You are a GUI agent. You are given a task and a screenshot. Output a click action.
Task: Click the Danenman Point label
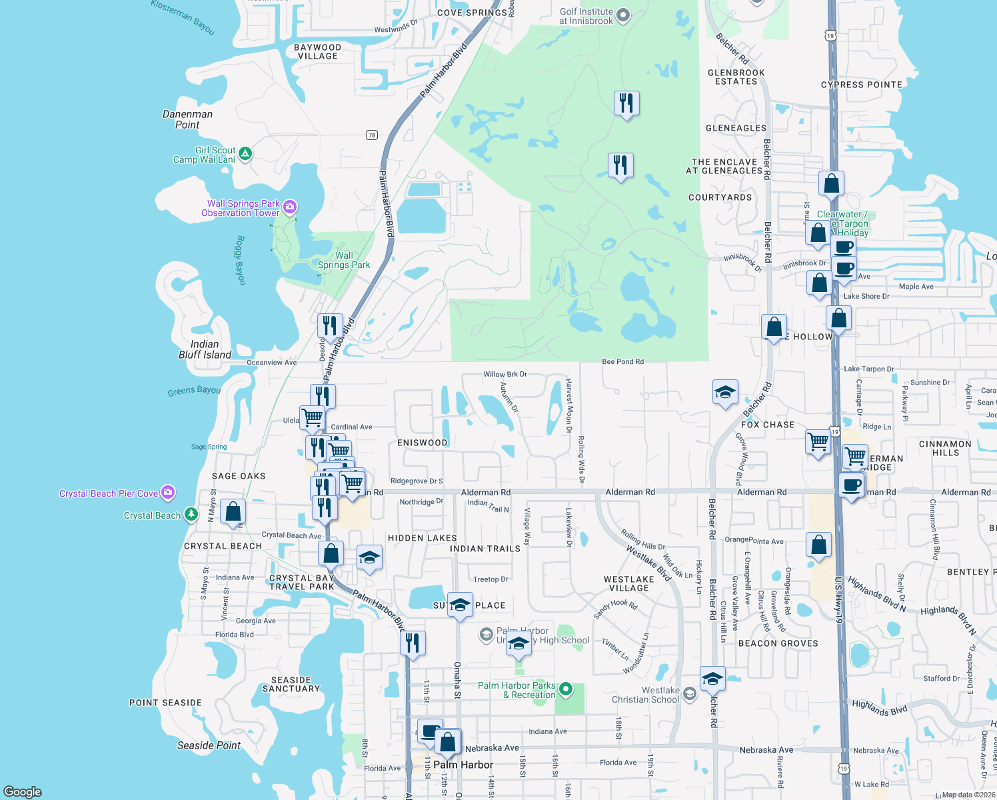(187, 119)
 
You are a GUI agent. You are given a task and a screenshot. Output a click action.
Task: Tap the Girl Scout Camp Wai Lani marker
(245, 154)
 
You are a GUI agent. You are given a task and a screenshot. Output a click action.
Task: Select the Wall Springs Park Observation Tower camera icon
(290, 207)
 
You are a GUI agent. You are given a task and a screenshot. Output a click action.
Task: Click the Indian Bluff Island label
(205, 349)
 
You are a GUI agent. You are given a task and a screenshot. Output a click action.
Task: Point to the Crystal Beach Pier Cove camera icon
(168, 493)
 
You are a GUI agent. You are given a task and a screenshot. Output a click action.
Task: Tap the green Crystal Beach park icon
(191, 515)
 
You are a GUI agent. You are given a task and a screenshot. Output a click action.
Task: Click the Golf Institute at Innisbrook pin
(623, 15)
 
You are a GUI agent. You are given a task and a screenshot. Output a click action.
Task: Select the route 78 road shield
(372, 135)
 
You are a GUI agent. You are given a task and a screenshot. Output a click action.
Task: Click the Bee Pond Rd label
(622, 362)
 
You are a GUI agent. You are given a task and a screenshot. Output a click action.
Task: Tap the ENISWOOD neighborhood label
(423, 443)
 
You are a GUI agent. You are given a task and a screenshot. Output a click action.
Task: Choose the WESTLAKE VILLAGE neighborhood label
(629, 583)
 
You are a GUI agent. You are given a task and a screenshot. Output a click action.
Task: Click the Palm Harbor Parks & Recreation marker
(566, 689)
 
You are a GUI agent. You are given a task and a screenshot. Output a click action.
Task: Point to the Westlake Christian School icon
(690, 695)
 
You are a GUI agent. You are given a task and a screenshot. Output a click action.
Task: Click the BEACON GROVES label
(778, 643)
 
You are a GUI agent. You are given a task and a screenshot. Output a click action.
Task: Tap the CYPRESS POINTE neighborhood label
(861, 85)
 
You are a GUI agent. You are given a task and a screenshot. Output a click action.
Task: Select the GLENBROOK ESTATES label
(736, 77)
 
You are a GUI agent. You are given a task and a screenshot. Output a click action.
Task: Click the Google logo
(23, 791)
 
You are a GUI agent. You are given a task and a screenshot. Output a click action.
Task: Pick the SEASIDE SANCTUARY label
(291, 684)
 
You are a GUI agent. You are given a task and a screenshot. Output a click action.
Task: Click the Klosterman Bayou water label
(183, 17)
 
